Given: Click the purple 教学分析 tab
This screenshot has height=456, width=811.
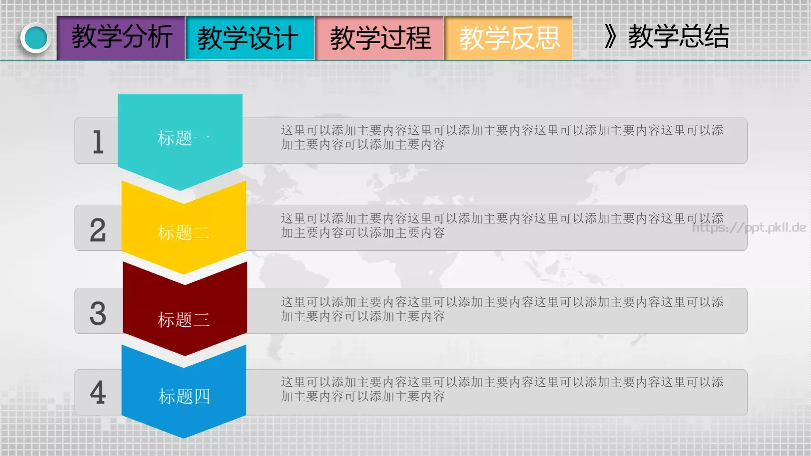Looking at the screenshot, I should pyautogui.click(x=121, y=37).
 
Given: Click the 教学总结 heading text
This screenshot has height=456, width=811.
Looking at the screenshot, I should pyautogui.click(x=678, y=37).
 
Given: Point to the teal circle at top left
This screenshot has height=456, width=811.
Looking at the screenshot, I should pyautogui.click(x=36, y=38).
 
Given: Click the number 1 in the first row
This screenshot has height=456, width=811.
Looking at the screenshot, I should pyautogui.click(x=98, y=141).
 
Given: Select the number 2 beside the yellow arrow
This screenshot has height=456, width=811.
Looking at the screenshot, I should pyautogui.click(x=98, y=230).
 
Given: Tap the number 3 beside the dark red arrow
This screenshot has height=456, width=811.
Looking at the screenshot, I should pyautogui.click(x=98, y=313).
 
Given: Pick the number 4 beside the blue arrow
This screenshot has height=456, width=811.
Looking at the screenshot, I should pyautogui.click(x=98, y=393).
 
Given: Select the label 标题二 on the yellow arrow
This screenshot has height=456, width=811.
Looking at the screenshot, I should pyautogui.click(x=183, y=233).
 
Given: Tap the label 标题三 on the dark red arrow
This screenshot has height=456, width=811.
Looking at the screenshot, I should pyautogui.click(x=183, y=320).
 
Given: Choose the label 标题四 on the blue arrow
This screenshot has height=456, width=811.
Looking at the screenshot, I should pyautogui.click(x=184, y=396).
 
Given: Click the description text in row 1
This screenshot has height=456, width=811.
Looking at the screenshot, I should pyautogui.click(x=502, y=137).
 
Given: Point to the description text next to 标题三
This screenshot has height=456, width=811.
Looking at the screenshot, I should pyautogui.click(x=502, y=309).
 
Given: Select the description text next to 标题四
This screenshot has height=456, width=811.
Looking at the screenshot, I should pyautogui.click(x=502, y=389).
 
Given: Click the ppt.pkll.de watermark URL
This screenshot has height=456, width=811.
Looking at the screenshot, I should pyautogui.click(x=749, y=227).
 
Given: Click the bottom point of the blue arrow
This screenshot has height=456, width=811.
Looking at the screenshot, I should pyautogui.click(x=183, y=436).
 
